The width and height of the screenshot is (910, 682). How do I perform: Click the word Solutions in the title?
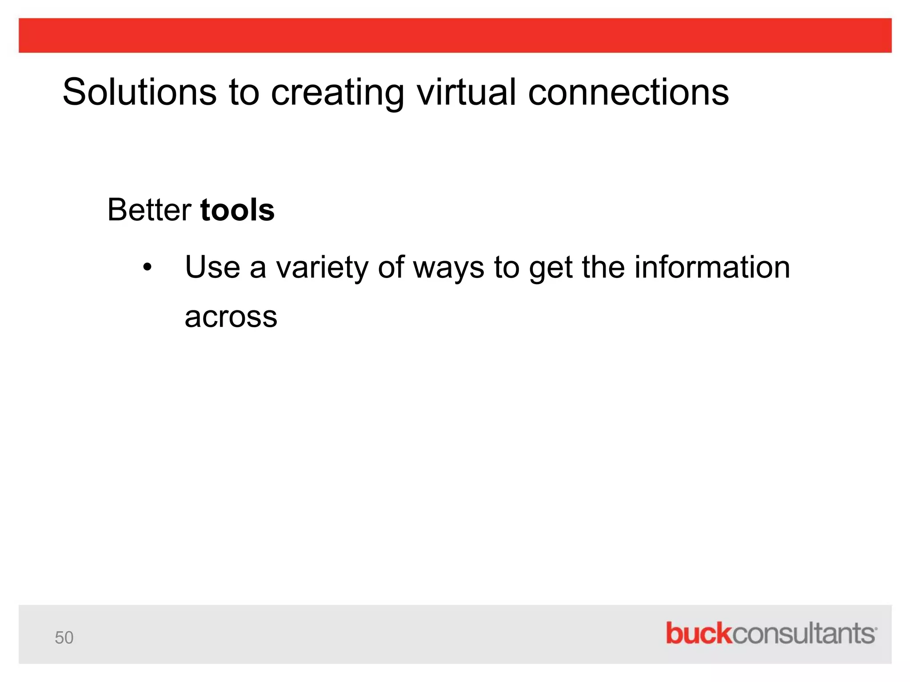[139, 92]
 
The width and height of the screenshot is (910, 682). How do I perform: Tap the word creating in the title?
[337, 92]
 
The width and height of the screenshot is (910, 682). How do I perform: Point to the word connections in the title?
[628, 92]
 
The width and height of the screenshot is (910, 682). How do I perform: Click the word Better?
[149, 210]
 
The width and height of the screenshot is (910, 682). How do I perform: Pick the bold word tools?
[237, 210]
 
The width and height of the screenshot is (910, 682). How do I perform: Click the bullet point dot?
[147, 268]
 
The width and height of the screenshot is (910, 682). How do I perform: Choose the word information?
[712, 267]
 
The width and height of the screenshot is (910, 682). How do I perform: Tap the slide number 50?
[64, 638]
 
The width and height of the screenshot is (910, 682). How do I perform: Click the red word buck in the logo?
[698, 634]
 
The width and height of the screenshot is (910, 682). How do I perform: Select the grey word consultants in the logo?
[803, 634]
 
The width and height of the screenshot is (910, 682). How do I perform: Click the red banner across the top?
[455, 36]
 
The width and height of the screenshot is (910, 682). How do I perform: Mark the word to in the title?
[243, 92]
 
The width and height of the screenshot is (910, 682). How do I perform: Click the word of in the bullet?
[391, 267]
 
